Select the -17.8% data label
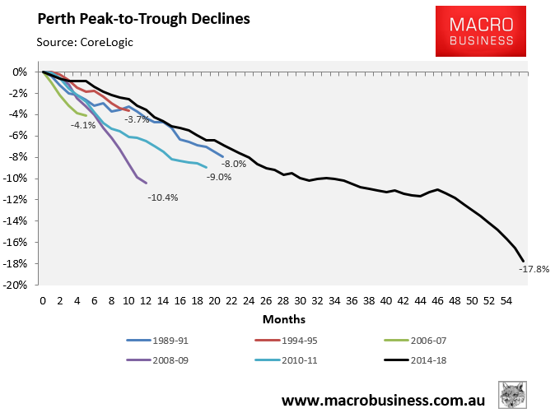(x=534, y=268)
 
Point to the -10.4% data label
(x=163, y=197)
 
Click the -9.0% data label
(x=218, y=178)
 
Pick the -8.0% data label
(x=235, y=164)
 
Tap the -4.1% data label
(x=83, y=126)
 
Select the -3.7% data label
(x=137, y=120)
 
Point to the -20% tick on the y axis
(x=18, y=285)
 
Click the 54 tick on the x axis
(x=508, y=301)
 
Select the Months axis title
(x=285, y=318)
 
